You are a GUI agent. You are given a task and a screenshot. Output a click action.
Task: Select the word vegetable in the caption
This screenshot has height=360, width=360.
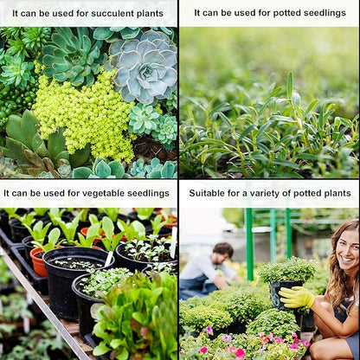click(102, 193)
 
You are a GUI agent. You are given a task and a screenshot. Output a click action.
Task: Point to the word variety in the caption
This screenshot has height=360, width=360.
click(265, 194)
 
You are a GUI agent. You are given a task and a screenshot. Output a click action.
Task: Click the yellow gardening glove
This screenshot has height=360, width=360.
click(297, 297)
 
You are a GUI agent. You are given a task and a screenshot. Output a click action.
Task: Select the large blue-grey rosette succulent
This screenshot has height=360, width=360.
click(145, 67)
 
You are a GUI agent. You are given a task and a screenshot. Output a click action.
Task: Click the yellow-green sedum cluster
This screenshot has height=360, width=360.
click(84, 115)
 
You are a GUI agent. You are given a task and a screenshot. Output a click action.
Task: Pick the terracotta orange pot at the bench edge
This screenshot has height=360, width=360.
click(38, 262)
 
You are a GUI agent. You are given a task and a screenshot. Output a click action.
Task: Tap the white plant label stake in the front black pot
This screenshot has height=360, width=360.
click(109, 259)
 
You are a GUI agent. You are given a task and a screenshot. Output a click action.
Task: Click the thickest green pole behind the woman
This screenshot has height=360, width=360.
click(249, 244)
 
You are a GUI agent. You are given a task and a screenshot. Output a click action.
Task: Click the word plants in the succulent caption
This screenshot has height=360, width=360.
click(150, 14)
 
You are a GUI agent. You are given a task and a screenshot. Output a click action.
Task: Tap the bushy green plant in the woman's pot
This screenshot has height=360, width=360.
click(288, 269)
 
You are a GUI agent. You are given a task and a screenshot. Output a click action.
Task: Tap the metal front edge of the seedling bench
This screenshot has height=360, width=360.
click(43, 305)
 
